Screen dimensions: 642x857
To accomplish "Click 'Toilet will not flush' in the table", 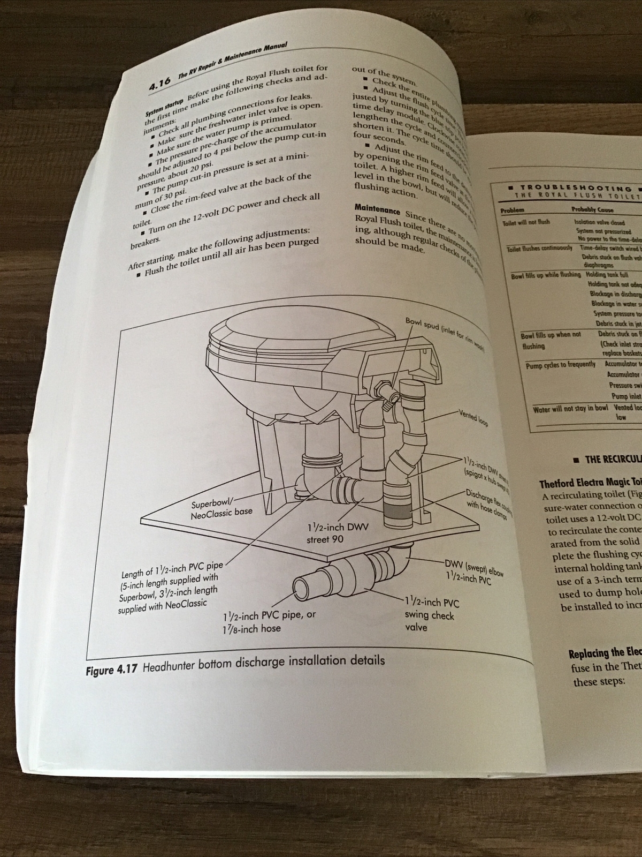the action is pyautogui.click(x=526, y=222).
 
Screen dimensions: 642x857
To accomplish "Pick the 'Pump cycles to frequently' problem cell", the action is pyautogui.click(x=560, y=364).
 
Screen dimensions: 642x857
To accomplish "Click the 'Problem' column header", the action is pyautogui.click(x=513, y=210).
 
